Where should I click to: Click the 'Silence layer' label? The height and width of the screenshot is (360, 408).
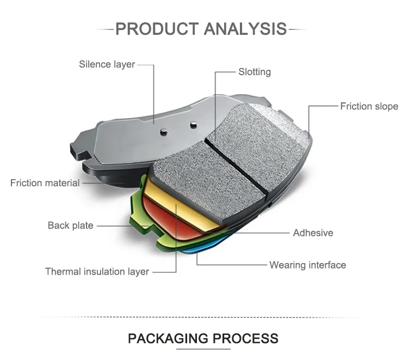point(107,65)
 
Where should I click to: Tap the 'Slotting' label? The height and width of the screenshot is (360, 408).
point(254,72)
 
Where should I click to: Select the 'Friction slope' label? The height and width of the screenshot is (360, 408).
point(369,106)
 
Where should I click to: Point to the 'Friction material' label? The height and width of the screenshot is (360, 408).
point(45,183)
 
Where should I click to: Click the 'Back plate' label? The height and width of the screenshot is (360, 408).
point(70,225)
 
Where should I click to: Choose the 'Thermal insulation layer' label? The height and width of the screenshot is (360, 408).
point(97,271)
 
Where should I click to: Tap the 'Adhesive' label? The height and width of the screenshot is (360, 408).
point(313,233)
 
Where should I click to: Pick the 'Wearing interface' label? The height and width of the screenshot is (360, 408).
point(307,265)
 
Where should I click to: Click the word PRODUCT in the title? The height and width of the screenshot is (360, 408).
point(157,28)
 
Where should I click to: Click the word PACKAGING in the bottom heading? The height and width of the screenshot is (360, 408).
point(168,338)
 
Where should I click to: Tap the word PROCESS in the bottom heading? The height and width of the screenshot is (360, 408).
point(245,338)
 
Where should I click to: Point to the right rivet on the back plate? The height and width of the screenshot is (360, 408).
point(193,125)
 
